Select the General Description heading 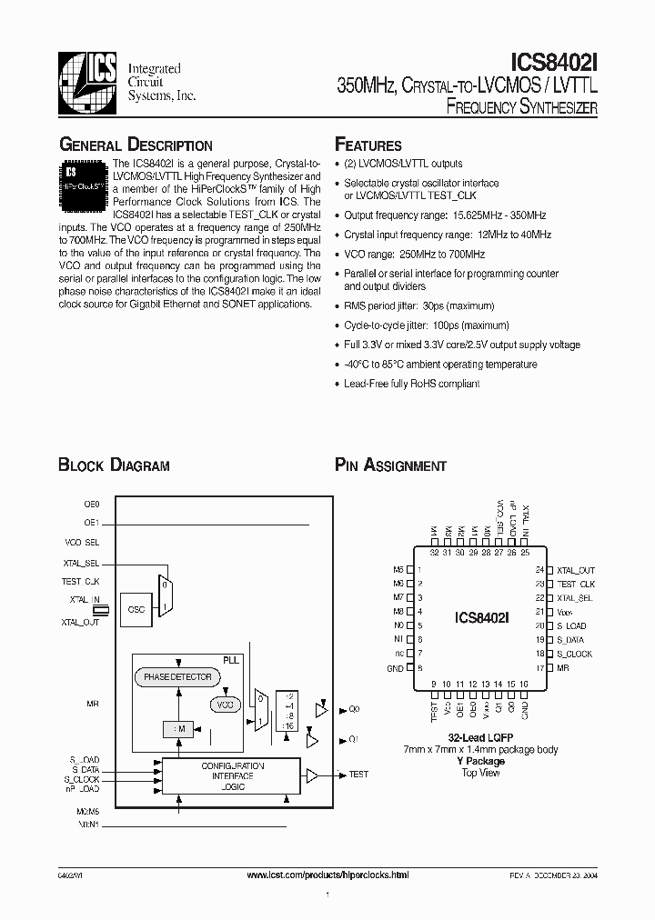pyautogui.click(x=136, y=145)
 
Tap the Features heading pyautogui.click(x=368, y=145)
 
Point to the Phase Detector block pyautogui.click(x=178, y=676)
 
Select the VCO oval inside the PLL pyautogui.click(x=223, y=705)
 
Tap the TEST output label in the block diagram pyautogui.click(x=358, y=775)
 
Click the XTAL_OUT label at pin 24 pyautogui.click(x=575, y=570)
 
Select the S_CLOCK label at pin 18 pyautogui.click(x=574, y=654)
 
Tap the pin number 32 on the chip pyautogui.click(x=434, y=552)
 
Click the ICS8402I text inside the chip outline pyautogui.click(x=481, y=617)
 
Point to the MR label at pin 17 pyautogui.click(x=563, y=668)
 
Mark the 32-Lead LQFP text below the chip pyautogui.click(x=479, y=737)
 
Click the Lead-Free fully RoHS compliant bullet pyautogui.click(x=411, y=384)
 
